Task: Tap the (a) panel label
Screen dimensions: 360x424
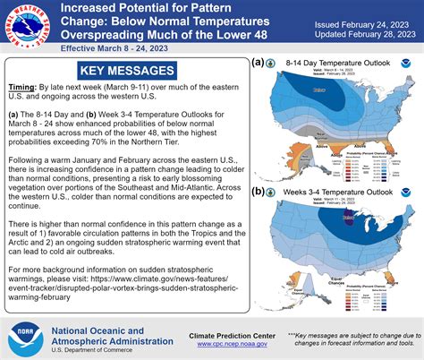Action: point(259,64)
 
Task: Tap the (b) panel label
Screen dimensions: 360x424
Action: point(259,192)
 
